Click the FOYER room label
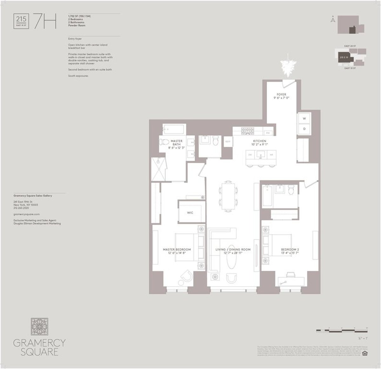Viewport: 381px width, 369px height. pos(281,94)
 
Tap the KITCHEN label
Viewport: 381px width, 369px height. pos(259,141)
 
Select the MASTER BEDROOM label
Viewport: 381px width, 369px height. pos(177,249)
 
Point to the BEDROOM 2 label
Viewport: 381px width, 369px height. pos(290,249)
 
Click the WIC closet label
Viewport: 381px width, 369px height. pos(190,212)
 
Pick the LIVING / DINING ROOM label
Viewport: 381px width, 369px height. pos(233,249)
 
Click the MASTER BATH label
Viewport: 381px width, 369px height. pos(176,143)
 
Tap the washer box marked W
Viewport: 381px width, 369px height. pos(304,119)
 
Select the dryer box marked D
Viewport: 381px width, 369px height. pos(304,129)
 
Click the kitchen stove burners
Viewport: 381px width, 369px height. pos(248,130)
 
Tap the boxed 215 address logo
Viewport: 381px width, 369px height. pos(21,21)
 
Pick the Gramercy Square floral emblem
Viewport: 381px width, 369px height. pos(40,328)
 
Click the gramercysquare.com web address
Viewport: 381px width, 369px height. pos(27,215)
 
